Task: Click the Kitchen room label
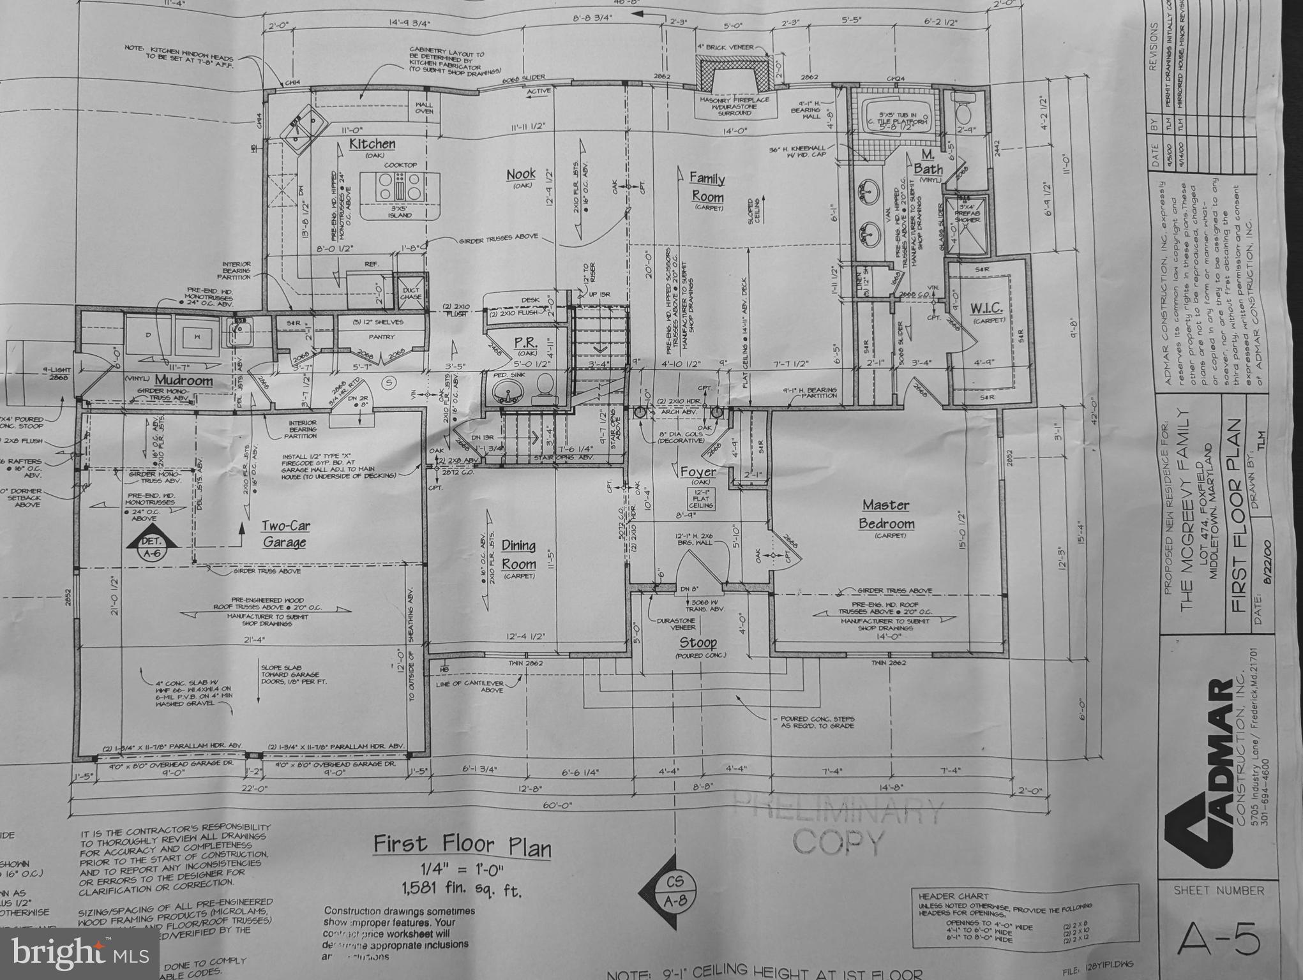point(372,145)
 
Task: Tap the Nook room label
point(521,175)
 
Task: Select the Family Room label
point(707,188)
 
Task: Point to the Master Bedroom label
point(886,514)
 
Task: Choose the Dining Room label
point(518,555)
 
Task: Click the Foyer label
point(698,472)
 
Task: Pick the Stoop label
point(698,642)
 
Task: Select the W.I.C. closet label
point(986,309)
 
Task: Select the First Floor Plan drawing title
point(462,846)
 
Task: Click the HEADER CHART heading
point(945,896)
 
